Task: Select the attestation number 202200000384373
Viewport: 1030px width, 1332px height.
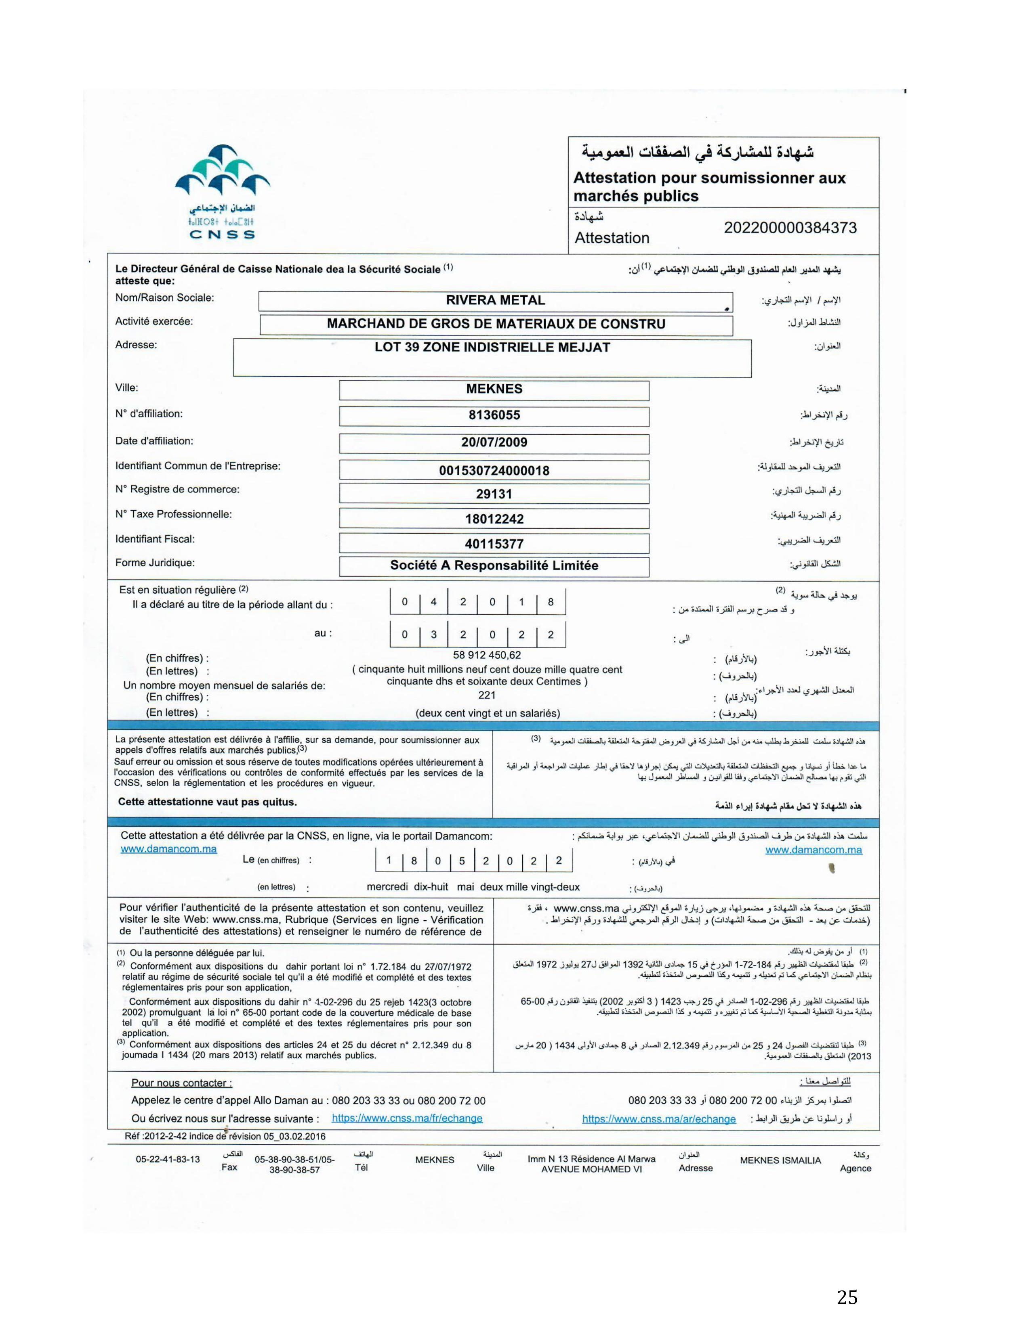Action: (790, 228)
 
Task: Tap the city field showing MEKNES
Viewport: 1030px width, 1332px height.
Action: (494, 389)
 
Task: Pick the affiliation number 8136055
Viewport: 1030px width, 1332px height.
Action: (494, 415)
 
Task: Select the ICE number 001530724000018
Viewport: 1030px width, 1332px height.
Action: (494, 471)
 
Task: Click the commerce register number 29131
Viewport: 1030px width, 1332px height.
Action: (494, 494)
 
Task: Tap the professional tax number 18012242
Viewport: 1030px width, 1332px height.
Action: (494, 519)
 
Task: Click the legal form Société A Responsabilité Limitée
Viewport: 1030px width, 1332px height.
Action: (494, 566)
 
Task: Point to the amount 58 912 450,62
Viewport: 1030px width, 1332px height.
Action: (487, 656)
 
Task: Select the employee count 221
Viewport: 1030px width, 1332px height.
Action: (487, 695)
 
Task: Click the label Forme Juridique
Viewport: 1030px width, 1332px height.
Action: (155, 563)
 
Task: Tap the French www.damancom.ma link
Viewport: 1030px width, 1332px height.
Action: (168, 849)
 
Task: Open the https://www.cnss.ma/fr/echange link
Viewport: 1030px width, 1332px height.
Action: (407, 1118)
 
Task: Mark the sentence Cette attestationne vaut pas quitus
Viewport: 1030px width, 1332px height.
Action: (208, 802)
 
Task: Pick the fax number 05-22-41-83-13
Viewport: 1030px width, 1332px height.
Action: (168, 1159)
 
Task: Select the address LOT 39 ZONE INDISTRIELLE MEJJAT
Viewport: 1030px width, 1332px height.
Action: (492, 348)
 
